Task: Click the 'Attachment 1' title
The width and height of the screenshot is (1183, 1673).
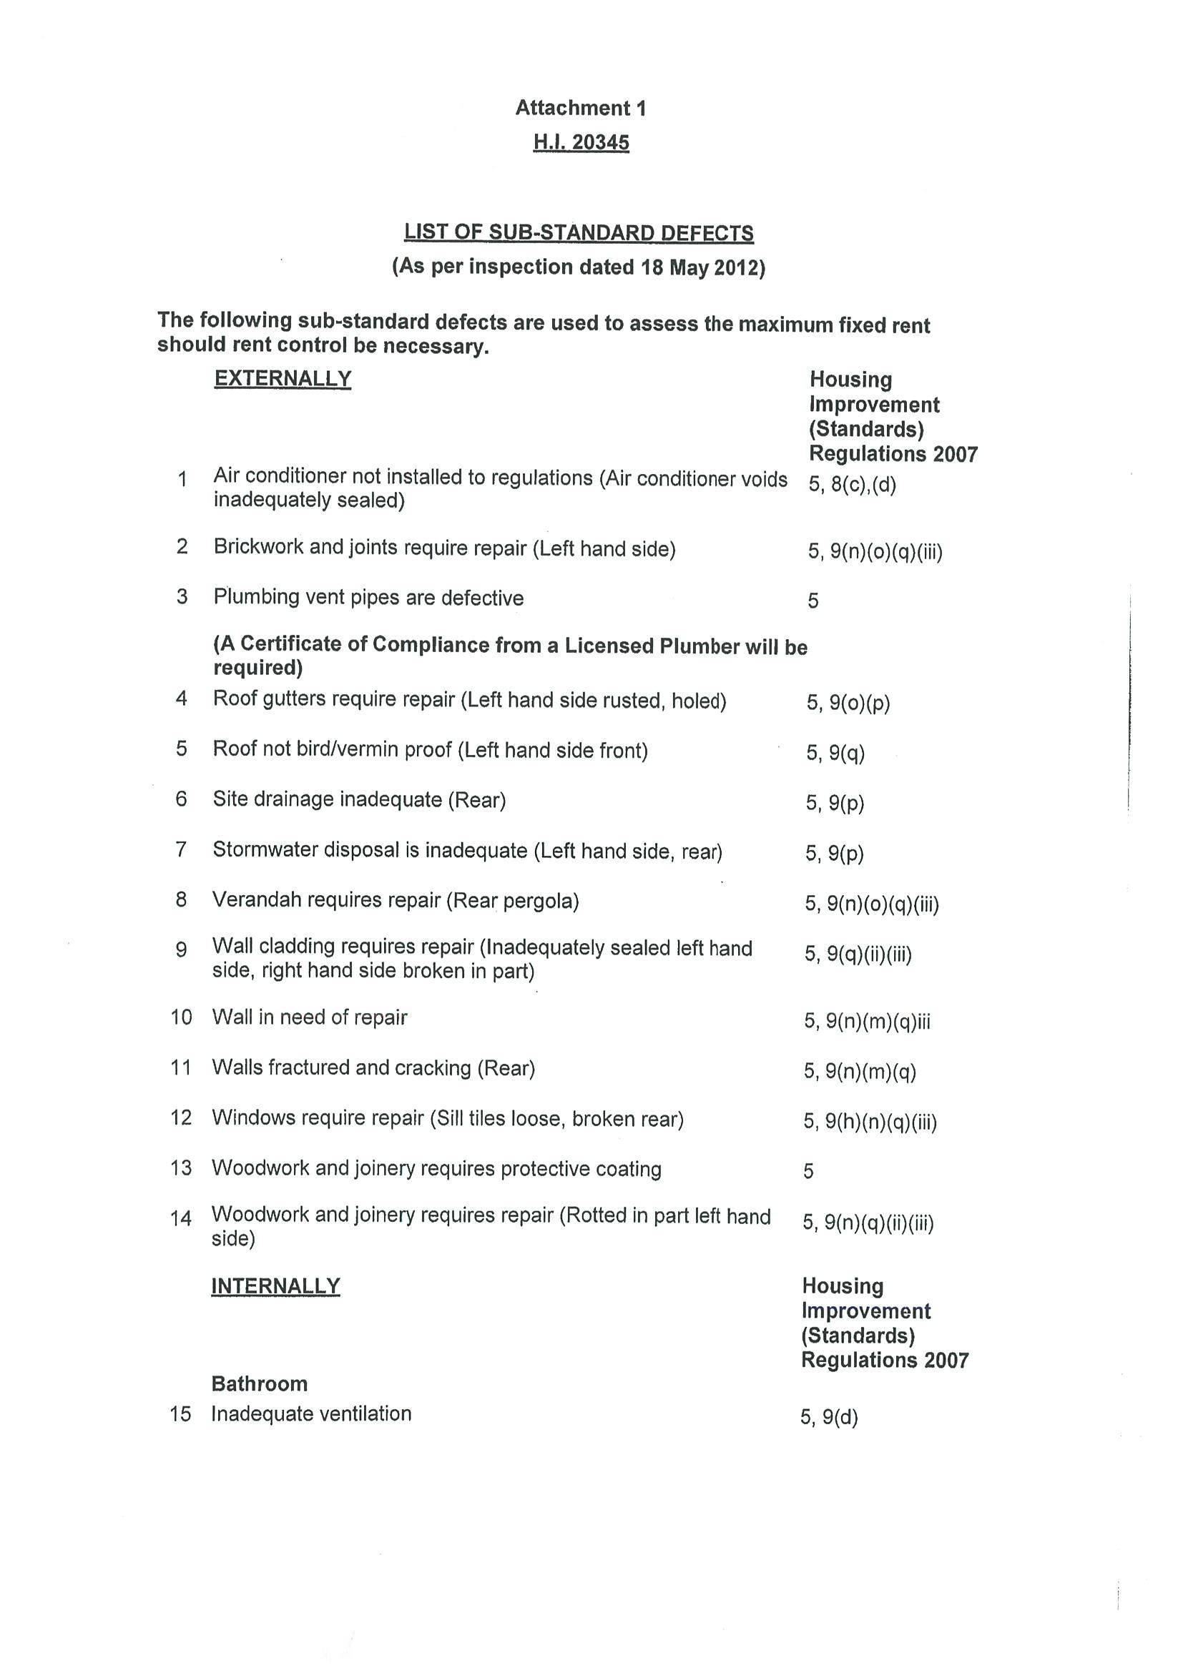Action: (580, 109)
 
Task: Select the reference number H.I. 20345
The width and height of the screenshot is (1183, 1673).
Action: (580, 142)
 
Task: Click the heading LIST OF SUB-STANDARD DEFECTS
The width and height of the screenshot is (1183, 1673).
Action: (579, 233)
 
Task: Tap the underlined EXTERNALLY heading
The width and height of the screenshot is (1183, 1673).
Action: (283, 379)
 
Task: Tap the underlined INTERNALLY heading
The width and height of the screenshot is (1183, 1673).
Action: (275, 1286)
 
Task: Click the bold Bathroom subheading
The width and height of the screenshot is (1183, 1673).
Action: (259, 1383)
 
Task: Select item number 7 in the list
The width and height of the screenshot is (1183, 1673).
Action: (182, 849)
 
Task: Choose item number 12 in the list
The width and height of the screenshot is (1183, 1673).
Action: (181, 1117)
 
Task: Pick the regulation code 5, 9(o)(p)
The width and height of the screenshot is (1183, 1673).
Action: (848, 702)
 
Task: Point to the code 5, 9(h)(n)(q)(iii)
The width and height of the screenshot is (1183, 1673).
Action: (870, 1121)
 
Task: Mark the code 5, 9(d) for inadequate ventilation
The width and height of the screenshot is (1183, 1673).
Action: (830, 1417)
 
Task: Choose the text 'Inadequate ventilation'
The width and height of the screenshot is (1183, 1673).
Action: (311, 1414)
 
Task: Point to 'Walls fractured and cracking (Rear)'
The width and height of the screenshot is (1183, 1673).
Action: (373, 1068)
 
